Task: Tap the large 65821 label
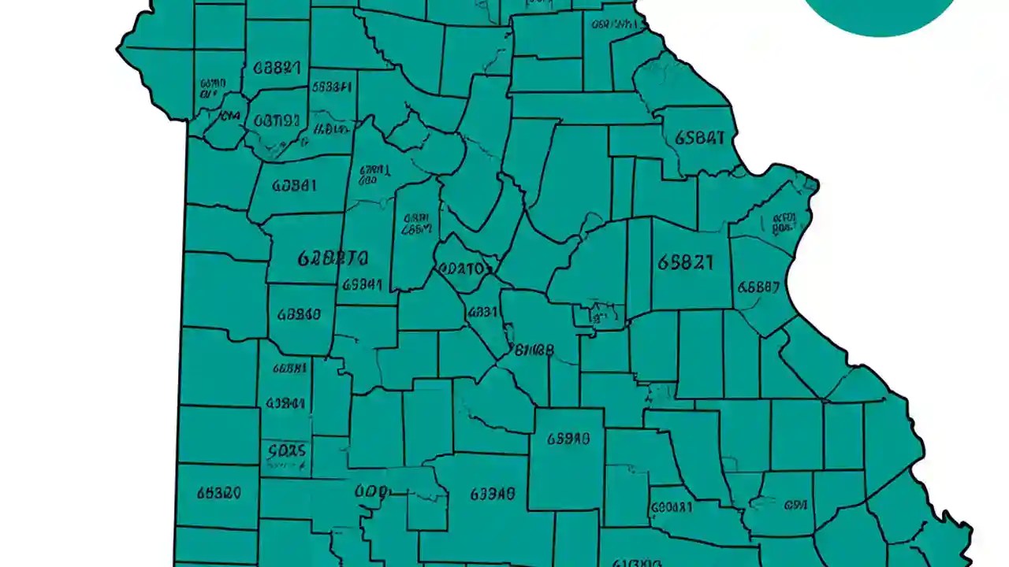coord(685,262)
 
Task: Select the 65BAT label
coord(699,139)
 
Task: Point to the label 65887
coord(758,287)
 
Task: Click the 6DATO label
coord(463,268)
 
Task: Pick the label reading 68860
coord(299,315)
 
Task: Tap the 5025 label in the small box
coord(286,451)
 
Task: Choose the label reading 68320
coord(218,494)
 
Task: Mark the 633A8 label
coord(493,495)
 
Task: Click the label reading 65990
coord(568,439)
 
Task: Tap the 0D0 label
coord(370,492)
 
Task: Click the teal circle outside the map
coord(881,12)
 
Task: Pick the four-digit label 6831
coord(483,312)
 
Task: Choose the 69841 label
coord(363,285)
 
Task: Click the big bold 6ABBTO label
coord(333,258)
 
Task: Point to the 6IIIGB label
coord(534,350)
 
